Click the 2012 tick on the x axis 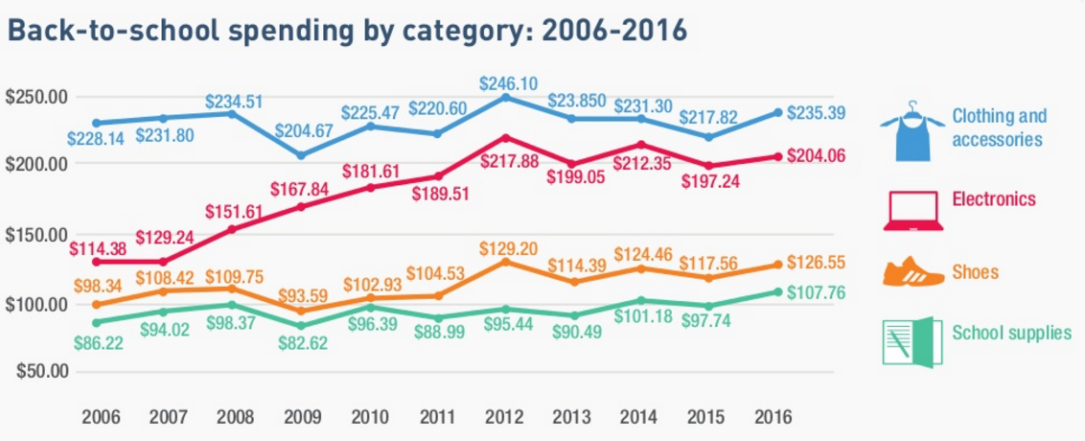pos(505,416)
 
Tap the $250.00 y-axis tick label pos(36,98)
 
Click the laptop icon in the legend pos(912,210)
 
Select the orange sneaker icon pos(912,271)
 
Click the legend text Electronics pos(994,200)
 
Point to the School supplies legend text pos(1011,334)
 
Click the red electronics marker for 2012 pos(505,137)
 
